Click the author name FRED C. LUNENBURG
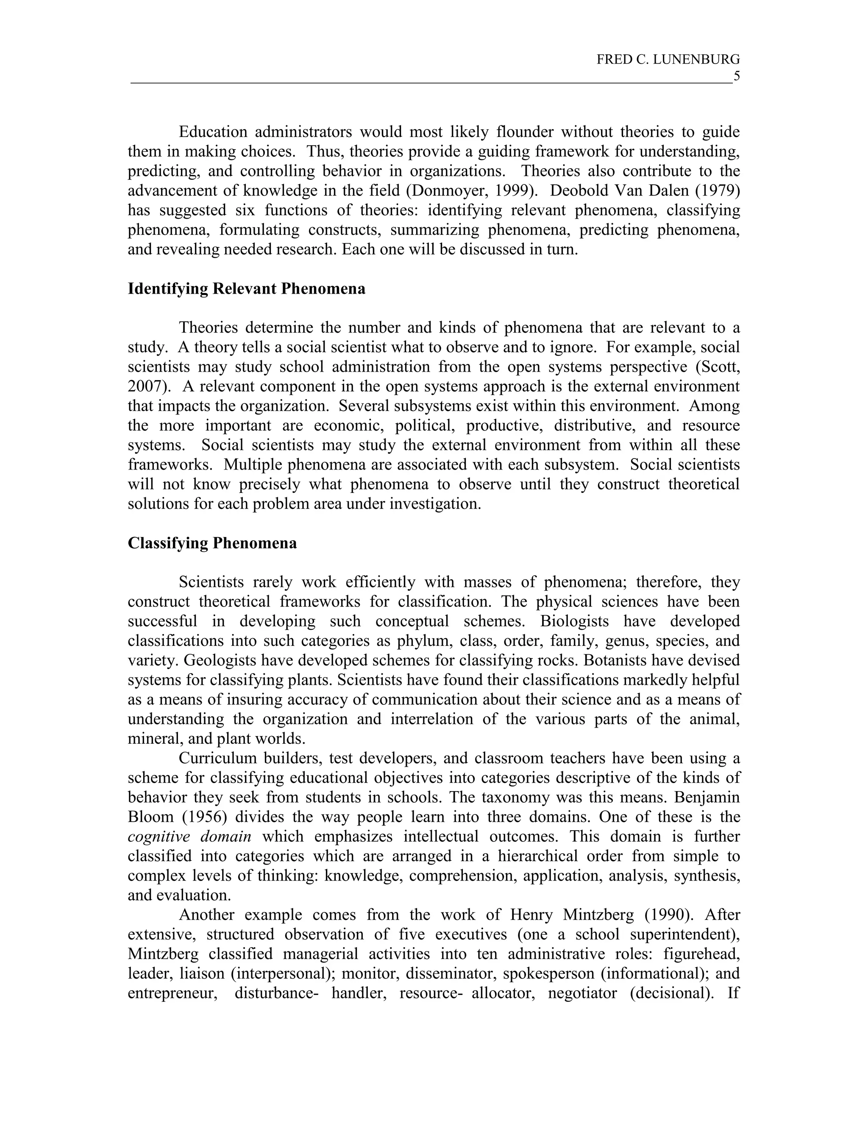coord(668,60)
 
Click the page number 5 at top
coord(736,76)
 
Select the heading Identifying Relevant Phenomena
coord(246,289)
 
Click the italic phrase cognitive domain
coord(189,837)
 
